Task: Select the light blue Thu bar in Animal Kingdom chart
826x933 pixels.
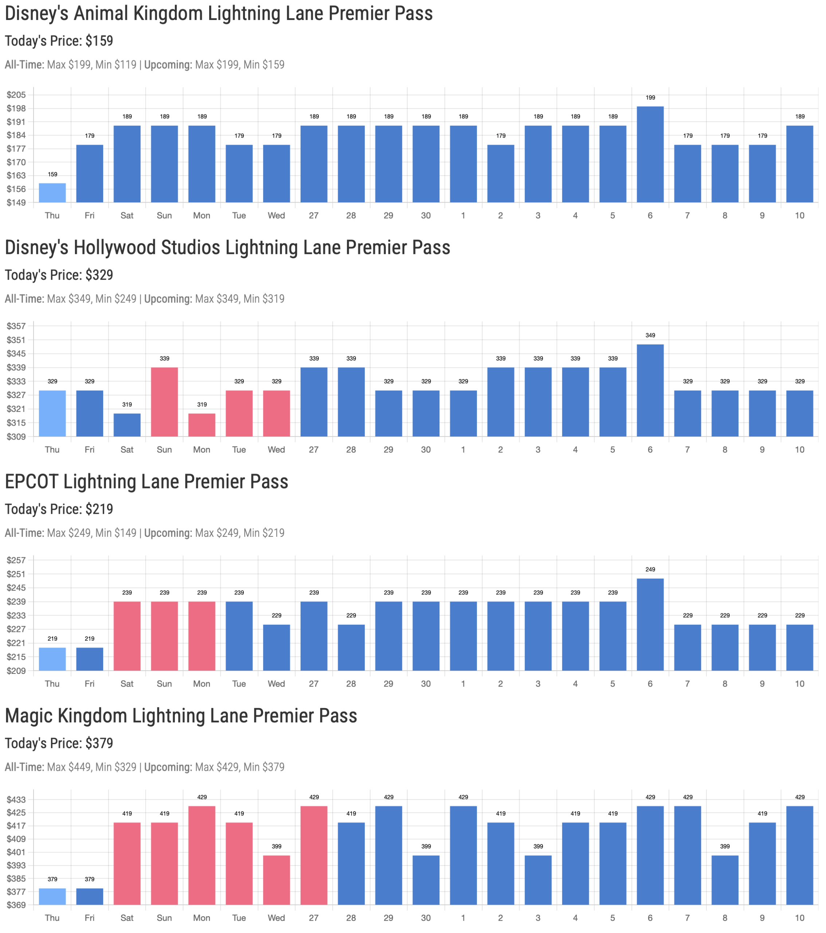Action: click(52, 193)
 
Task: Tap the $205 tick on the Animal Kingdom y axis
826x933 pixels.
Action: click(16, 95)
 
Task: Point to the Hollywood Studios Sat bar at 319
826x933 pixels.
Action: click(127, 425)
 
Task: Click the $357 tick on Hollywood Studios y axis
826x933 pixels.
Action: click(16, 326)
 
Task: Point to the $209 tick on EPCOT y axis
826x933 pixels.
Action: click(16, 671)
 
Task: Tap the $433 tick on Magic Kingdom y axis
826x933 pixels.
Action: click(16, 799)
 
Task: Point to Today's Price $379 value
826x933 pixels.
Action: click(99, 743)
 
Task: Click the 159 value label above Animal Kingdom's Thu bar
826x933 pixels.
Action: click(52, 174)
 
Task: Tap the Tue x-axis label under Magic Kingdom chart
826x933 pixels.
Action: click(239, 918)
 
